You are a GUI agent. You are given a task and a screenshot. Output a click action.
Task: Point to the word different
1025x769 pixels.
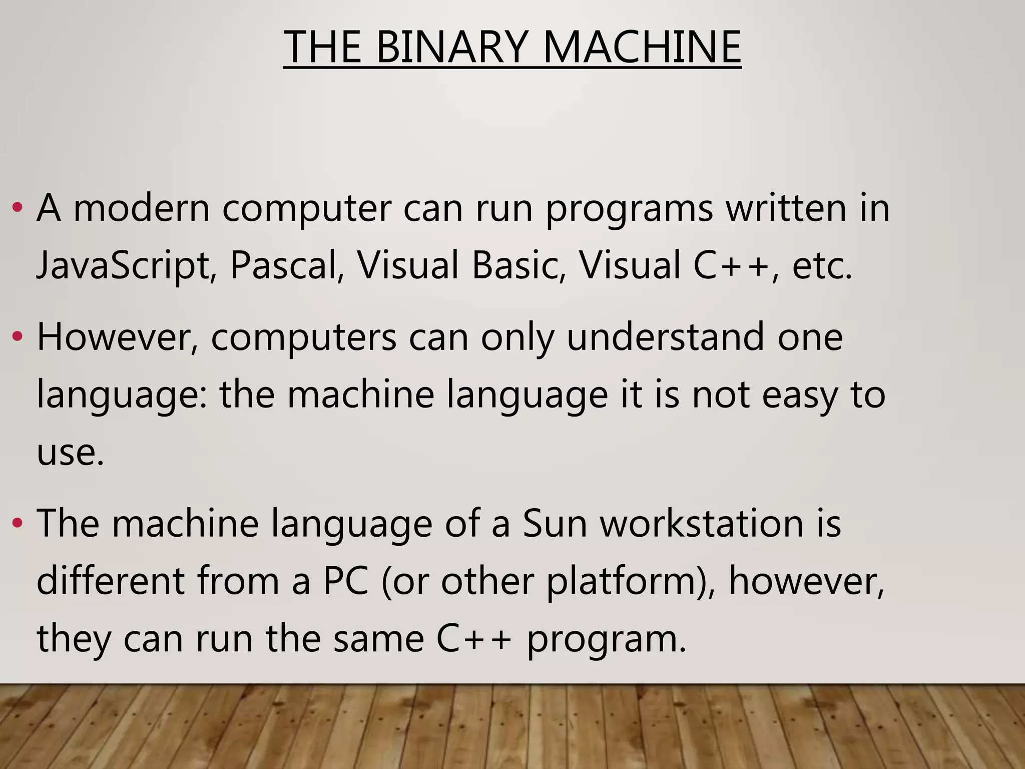(111, 581)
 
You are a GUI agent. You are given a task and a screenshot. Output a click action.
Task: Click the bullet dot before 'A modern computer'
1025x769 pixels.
(18, 207)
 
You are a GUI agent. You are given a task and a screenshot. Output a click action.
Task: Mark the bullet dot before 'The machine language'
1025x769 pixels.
(18, 524)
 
